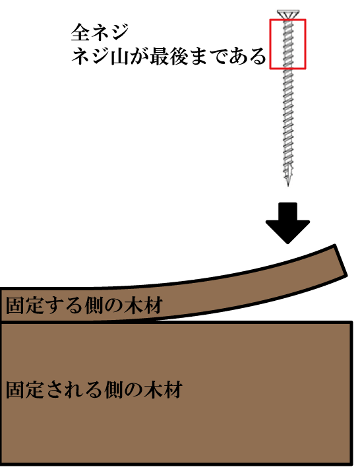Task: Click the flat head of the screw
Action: tap(288, 15)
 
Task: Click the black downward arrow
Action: tap(287, 223)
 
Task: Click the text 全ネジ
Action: tap(100, 32)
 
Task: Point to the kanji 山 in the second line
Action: tap(121, 57)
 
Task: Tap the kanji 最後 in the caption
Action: tap(169, 57)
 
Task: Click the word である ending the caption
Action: tap(237, 57)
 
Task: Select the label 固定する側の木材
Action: tap(84, 305)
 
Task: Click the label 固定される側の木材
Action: tap(94, 390)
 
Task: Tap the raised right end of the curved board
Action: tap(341, 261)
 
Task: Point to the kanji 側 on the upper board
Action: tap(94, 305)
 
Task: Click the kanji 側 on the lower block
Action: tap(114, 390)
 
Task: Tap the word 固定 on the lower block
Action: tap(26, 390)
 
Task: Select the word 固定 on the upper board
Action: tap(26, 305)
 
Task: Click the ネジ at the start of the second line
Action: tap(91, 57)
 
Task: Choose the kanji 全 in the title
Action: tap(80, 32)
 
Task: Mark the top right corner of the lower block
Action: tap(351, 323)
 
